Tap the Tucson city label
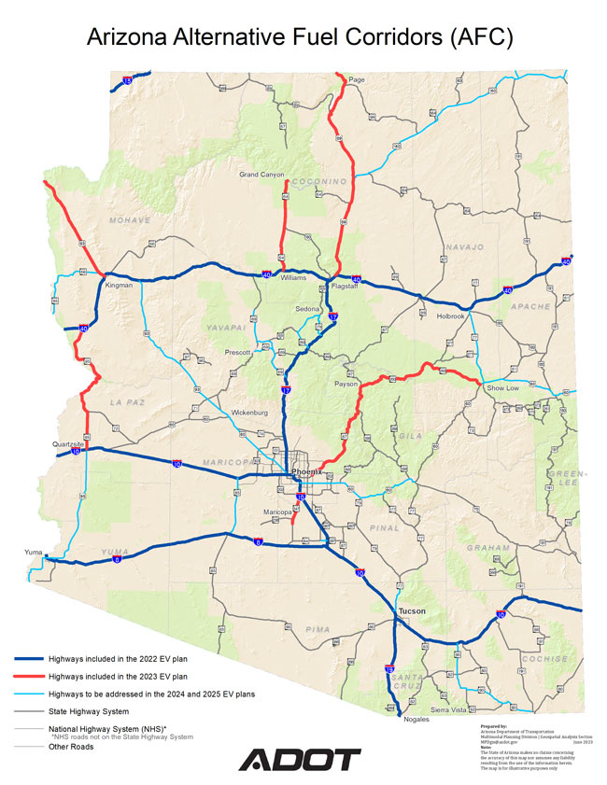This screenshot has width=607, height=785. coord(412,611)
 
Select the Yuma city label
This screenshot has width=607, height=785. coord(33,553)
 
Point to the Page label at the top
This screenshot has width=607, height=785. coord(356,80)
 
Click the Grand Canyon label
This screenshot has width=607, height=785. coord(261,175)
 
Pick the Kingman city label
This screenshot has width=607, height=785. coord(120,285)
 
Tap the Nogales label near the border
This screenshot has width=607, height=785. coord(417,720)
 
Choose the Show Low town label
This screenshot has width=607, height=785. coord(502,386)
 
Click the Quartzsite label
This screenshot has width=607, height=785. coord(69,444)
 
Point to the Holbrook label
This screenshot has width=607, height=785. coord(451,316)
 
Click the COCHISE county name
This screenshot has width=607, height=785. coord(545,659)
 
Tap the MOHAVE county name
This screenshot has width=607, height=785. coord(129,220)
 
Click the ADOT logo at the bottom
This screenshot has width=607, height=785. coord(299,760)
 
